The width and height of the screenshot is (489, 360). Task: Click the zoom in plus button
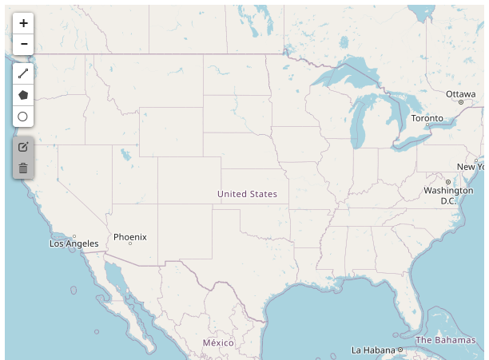(23, 23)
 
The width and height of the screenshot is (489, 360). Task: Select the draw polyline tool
(23, 73)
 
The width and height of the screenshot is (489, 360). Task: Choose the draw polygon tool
(23, 95)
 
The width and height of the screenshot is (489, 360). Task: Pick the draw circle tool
(23, 117)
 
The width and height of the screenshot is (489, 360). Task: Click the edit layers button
(23, 146)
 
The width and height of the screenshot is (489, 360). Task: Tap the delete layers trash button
(23, 168)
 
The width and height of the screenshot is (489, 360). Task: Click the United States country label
(247, 194)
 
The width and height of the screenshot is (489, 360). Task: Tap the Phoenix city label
(130, 237)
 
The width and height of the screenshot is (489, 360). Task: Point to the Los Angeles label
(74, 243)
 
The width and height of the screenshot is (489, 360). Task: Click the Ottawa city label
(461, 94)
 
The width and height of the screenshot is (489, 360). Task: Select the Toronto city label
(427, 118)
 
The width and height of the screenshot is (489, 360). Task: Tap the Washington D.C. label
(448, 196)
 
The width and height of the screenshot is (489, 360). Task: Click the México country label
(218, 342)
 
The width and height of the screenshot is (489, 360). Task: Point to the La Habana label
(373, 350)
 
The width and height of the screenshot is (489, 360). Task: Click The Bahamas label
(445, 340)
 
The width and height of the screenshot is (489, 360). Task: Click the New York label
(471, 167)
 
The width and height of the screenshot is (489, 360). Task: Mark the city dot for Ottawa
(461, 102)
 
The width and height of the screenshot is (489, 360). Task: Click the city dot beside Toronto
(428, 125)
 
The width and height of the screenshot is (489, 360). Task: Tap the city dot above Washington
(448, 182)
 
